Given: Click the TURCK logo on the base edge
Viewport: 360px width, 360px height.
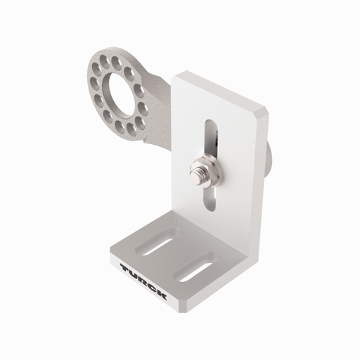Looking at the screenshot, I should (143, 281).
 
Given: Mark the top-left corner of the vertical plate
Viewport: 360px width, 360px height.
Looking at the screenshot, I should (178, 74).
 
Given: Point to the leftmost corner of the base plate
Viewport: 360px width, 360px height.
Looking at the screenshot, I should (111, 247).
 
